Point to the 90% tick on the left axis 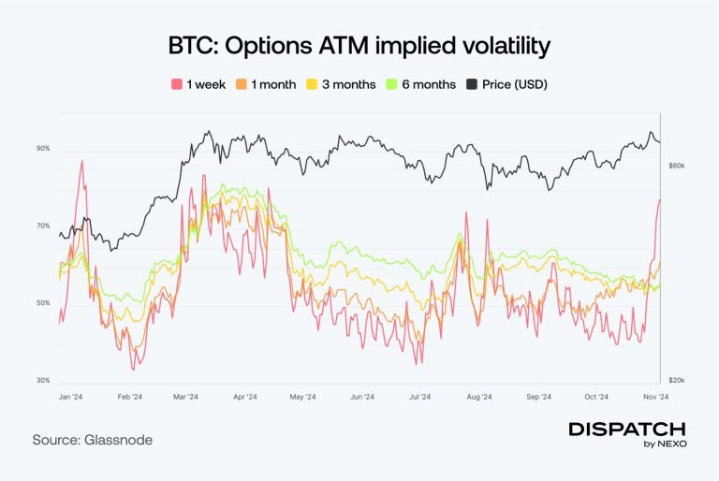(x=44, y=149)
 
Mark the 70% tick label (x=44, y=226)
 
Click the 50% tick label (x=44, y=303)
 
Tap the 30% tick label (x=44, y=381)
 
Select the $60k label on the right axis (x=676, y=165)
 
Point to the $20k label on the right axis (x=676, y=381)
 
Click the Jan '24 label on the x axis (x=69, y=397)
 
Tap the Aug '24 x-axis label (x=478, y=397)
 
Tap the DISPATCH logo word (x=627, y=428)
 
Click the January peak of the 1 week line (x=82, y=161)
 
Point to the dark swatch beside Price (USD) (x=474, y=84)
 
